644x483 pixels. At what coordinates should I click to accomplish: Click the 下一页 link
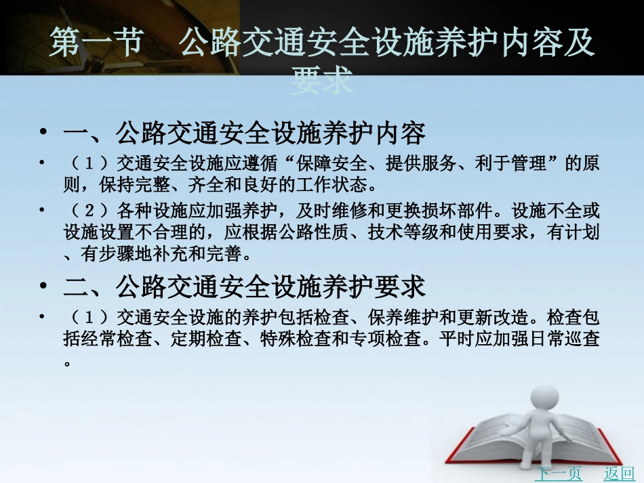(558, 473)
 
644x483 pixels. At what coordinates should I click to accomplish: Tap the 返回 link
(619, 473)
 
